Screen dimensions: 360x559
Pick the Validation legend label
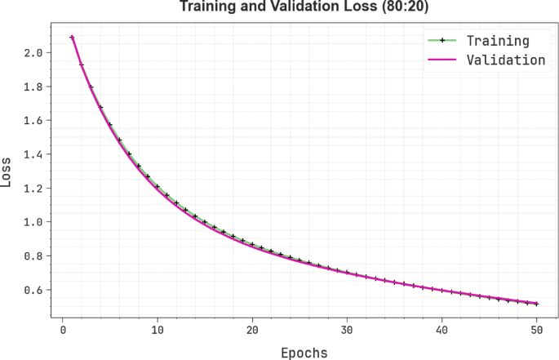coord(505,60)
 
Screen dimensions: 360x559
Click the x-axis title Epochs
coord(304,353)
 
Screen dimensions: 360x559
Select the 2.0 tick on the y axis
coord(34,52)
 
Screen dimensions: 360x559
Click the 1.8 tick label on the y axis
coord(34,87)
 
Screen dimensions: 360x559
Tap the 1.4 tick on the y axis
coord(34,154)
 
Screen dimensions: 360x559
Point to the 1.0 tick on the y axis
coord(34,222)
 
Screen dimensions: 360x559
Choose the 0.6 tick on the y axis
coord(34,290)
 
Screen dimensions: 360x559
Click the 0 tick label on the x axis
coord(63,330)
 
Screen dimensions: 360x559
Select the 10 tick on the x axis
coord(157,330)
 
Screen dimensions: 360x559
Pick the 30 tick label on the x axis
coord(347,330)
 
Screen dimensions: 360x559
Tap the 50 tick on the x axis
coord(536,330)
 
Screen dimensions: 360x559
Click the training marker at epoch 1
coord(72,37)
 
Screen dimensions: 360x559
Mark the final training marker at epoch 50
coord(536,304)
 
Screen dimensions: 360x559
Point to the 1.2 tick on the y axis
coord(34,188)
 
